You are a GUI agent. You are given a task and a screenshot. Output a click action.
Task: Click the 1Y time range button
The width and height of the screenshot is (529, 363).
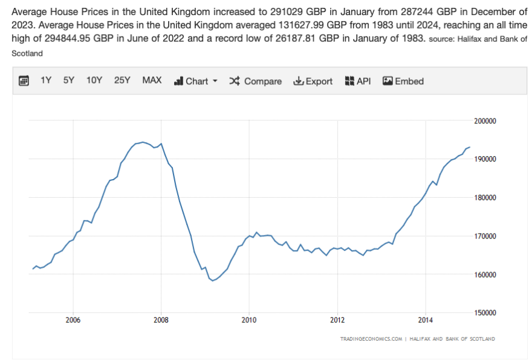coord(46,80)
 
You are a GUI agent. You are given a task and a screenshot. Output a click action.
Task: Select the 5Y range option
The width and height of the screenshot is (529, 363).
coord(69,80)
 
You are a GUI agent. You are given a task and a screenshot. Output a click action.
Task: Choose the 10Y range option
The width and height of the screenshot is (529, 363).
coord(94,80)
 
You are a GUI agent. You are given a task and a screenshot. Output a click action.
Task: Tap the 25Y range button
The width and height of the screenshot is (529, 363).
coord(122,80)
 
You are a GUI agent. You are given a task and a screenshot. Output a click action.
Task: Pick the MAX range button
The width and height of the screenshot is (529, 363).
coord(152,80)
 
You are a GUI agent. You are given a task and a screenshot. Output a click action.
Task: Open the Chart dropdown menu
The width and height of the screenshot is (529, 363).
coord(196,81)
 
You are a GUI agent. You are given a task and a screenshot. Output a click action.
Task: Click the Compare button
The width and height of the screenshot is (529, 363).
coord(255,81)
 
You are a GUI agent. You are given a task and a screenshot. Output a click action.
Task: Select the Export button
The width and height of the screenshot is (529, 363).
coord(313,81)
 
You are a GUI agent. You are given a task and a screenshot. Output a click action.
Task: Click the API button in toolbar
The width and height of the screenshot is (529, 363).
coord(357,81)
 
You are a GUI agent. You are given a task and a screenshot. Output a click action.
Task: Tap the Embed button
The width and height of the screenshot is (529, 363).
coord(403,81)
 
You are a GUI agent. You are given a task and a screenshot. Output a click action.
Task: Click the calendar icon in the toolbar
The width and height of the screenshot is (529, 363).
coord(24,81)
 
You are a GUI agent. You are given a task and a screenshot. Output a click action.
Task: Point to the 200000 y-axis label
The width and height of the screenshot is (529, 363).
coord(484,121)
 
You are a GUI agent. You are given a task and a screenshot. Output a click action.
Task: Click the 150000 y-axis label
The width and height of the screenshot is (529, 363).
coord(484,313)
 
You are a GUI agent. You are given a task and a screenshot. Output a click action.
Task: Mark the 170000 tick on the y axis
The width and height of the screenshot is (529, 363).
coord(484,236)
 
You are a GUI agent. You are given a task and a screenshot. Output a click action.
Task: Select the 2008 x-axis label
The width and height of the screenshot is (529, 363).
coord(161,319)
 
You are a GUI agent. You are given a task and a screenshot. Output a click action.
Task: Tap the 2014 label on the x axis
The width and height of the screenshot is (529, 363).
coord(426,319)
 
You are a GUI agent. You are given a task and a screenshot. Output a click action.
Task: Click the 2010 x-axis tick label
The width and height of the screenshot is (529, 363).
coord(249,319)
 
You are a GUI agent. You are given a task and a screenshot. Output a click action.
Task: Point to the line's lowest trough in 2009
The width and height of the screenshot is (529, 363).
coord(213,281)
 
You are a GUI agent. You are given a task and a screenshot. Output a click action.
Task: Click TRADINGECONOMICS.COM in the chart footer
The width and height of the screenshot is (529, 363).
coord(371,339)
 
